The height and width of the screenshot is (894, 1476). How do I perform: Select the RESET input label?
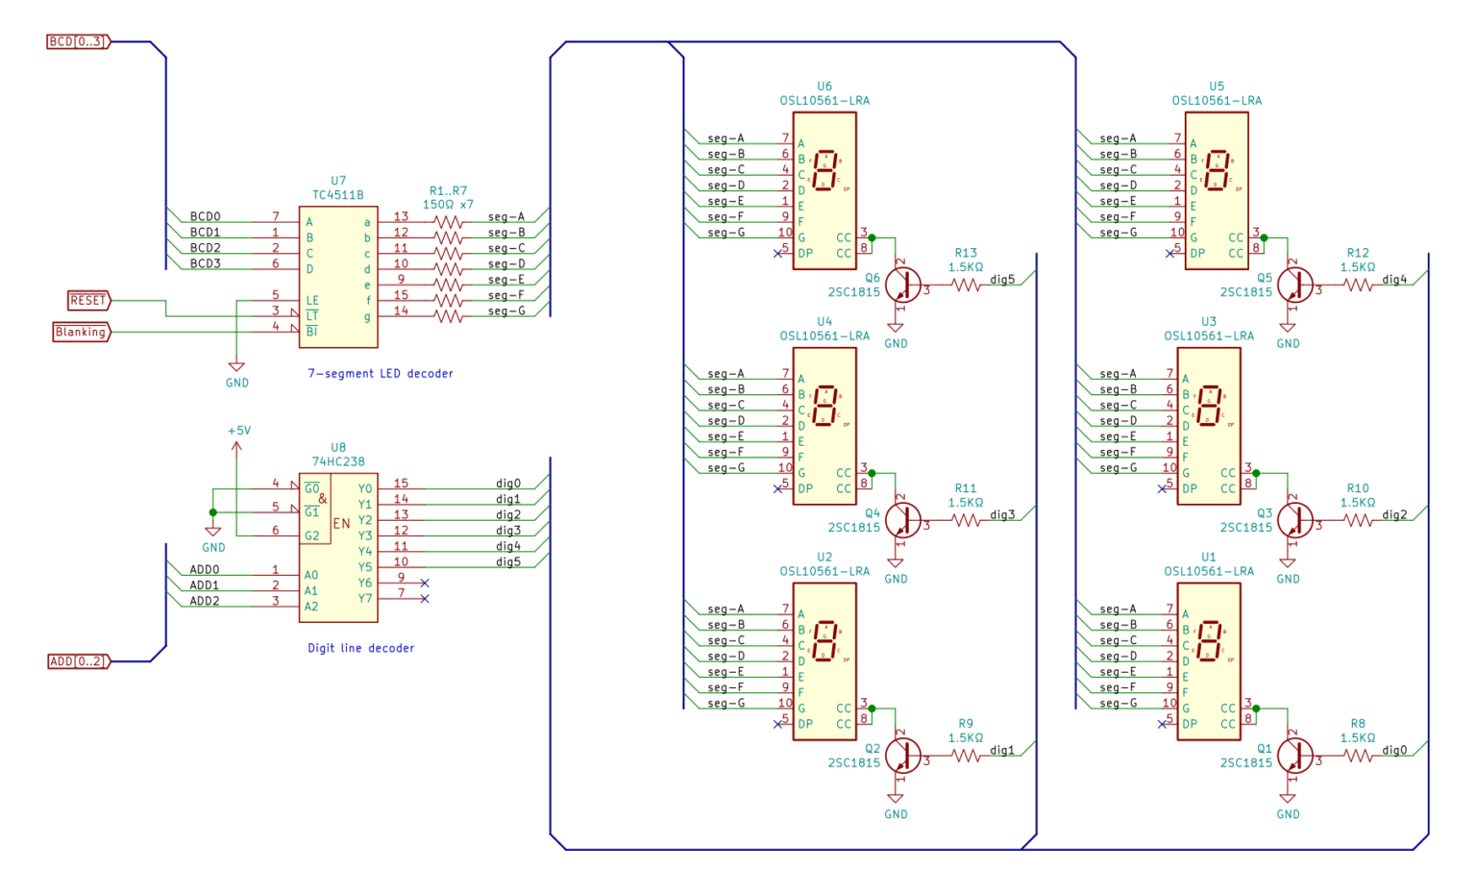click(x=88, y=301)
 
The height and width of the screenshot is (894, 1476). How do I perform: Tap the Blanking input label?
click(x=81, y=332)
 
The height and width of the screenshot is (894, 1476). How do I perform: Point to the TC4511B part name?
click(x=338, y=195)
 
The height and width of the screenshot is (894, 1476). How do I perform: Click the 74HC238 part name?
click(x=338, y=461)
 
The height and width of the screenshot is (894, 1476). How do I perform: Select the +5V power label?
click(x=239, y=431)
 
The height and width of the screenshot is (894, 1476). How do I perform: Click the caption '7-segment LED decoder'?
click(x=381, y=373)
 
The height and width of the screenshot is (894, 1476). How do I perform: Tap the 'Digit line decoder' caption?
click(x=361, y=648)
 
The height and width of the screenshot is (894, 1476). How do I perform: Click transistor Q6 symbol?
click(x=902, y=286)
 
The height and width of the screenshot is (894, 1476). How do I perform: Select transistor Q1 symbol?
click(x=1294, y=756)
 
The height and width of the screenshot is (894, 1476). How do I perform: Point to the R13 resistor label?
click(x=966, y=253)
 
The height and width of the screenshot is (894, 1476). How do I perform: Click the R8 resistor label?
click(x=1358, y=724)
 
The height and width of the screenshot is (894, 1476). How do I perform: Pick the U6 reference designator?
click(x=824, y=87)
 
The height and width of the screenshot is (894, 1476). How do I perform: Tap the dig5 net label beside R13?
click(x=1002, y=280)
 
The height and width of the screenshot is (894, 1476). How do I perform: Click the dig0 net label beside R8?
click(x=1394, y=751)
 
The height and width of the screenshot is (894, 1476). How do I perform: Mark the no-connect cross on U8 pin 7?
click(x=425, y=599)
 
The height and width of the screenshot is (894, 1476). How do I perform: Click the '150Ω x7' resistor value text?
click(x=448, y=205)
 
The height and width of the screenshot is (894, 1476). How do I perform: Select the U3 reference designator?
click(x=1209, y=322)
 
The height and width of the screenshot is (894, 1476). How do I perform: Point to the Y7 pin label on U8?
click(x=365, y=599)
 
